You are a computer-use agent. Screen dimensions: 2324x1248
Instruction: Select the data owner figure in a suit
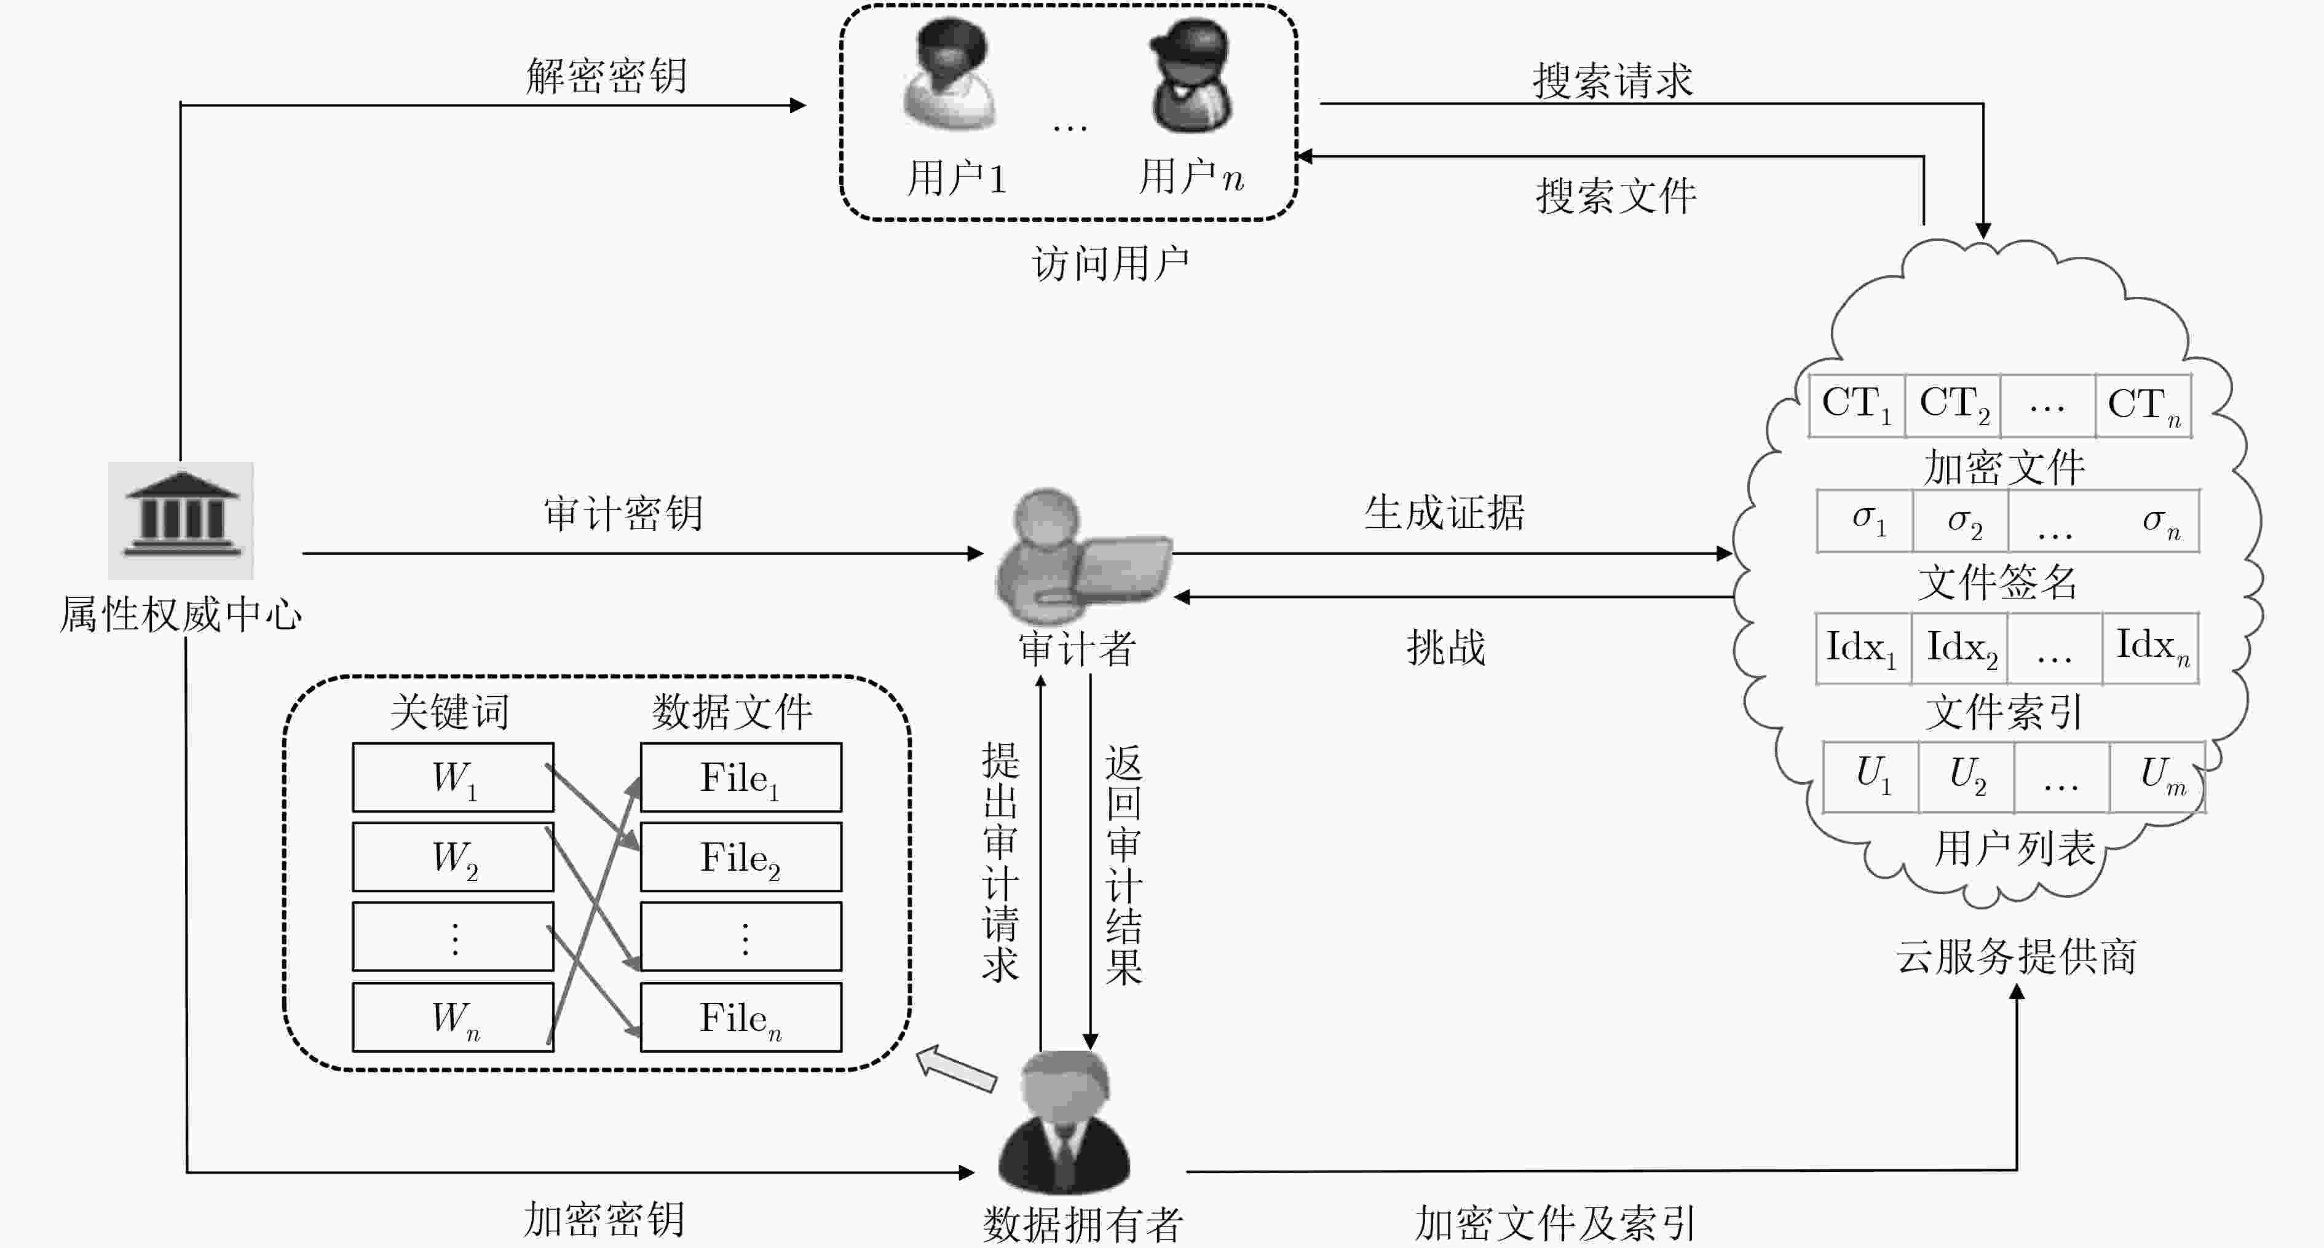(x=1065, y=1122)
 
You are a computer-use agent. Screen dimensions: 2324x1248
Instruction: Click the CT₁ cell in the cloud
(x=1857, y=406)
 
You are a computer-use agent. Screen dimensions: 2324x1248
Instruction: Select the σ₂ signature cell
(x=1961, y=521)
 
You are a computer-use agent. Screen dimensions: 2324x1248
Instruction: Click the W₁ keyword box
(x=453, y=777)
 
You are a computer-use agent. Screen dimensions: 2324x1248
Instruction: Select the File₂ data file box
(x=741, y=857)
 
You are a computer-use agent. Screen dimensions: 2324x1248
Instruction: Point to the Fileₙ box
(x=741, y=1017)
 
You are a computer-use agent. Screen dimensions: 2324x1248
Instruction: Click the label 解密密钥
(x=606, y=76)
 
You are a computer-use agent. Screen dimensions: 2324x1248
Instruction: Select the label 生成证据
(x=1444, y=513)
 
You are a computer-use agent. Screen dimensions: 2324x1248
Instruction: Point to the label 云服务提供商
(x=2015, y=956)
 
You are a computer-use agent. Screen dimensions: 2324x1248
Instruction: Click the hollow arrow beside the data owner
(x=956, y=1068)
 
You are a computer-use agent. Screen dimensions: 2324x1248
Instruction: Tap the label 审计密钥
(x=623, y=513)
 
